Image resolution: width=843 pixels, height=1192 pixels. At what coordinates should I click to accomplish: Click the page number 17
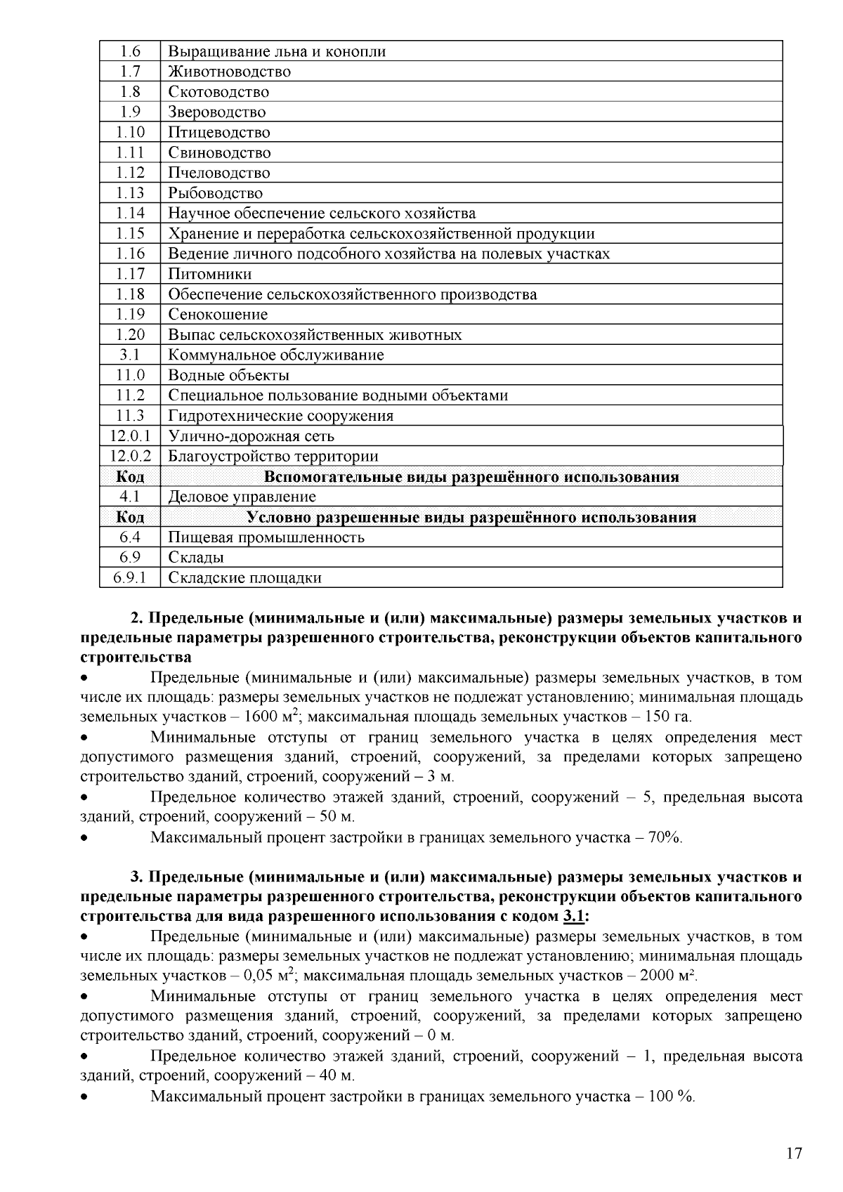[794, 1154]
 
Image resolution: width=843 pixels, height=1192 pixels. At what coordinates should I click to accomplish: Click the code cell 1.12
[130, 173]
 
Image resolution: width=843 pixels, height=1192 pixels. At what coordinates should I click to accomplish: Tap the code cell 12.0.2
[130, 457]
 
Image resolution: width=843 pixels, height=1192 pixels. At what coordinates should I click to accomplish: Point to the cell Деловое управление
[242, 497]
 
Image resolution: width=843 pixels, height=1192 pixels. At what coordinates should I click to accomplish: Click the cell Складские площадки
[244, 578]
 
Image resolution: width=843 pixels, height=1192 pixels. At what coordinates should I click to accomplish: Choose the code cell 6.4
[130, 538]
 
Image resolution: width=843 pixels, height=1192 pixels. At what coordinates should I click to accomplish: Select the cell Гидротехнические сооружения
[280, 416]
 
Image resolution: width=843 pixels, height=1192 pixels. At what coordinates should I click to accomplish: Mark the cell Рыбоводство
[215, 193]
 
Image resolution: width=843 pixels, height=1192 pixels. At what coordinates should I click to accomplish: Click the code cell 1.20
[130, 335]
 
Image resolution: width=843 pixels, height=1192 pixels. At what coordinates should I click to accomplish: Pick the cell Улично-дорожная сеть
[251, 436]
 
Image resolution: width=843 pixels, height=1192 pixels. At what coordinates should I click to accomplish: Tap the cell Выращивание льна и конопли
[276, 51]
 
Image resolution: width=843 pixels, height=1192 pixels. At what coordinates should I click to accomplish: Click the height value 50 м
[336, 818]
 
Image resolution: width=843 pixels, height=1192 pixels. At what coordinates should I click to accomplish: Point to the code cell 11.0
[130, 376]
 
